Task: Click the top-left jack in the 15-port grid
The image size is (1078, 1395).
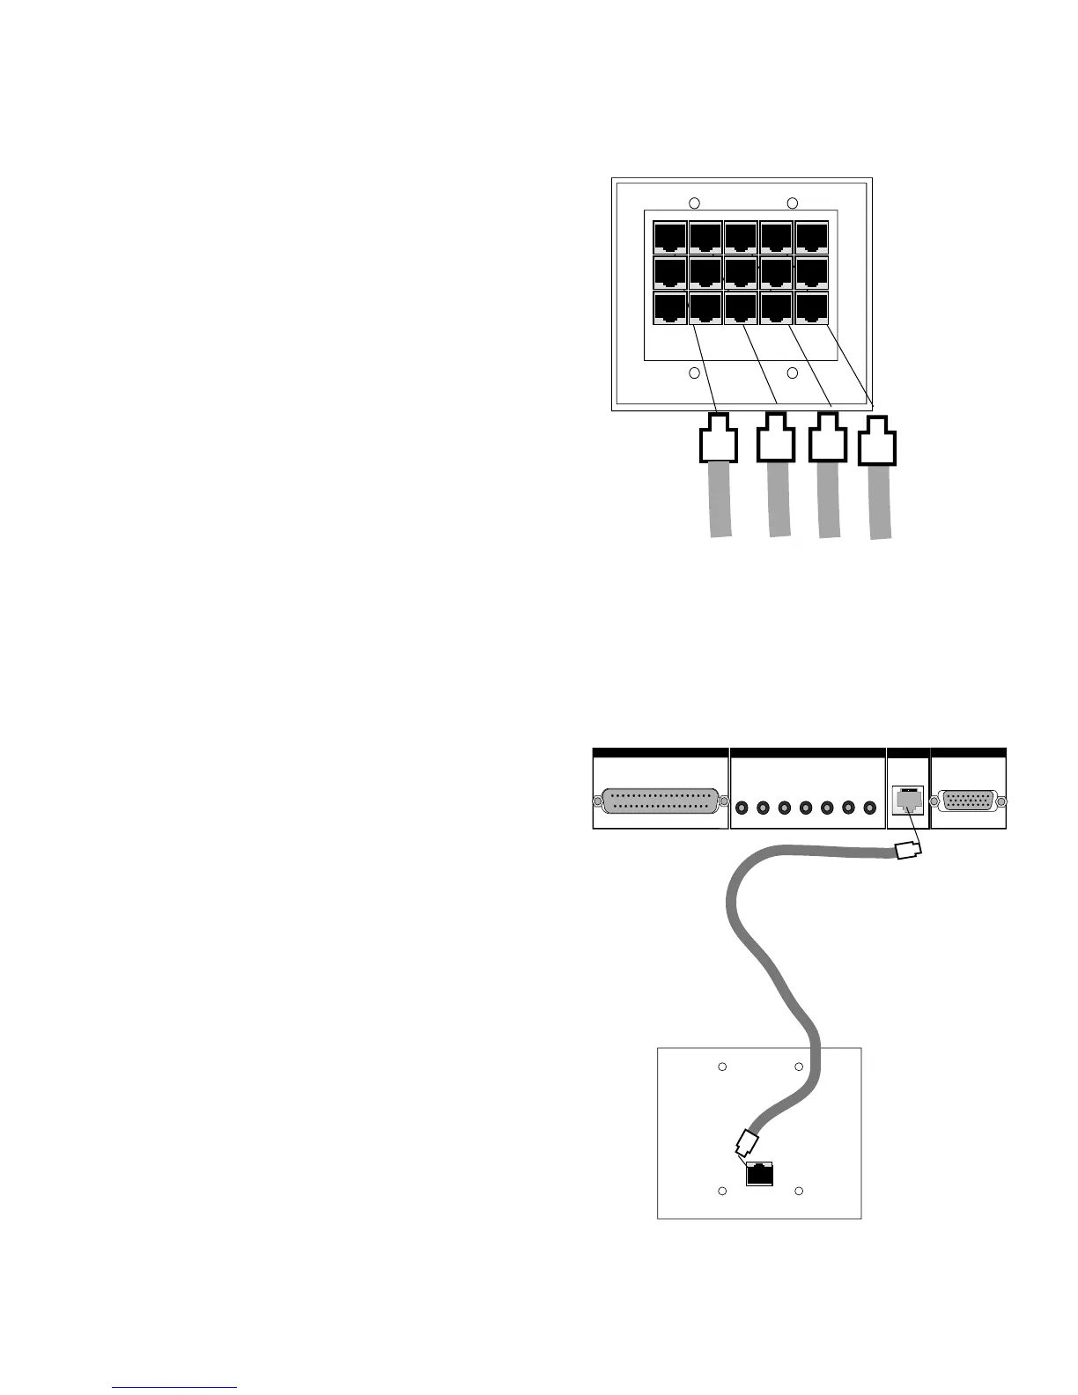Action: (670, 237)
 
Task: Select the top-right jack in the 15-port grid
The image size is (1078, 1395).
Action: (812, 237)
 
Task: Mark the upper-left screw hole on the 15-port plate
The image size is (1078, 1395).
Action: (694, 203)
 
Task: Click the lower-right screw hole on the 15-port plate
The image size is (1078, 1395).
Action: (792, 373)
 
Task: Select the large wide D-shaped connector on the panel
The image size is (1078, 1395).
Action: (661, 802)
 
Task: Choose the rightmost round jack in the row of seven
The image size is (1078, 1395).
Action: (869, 808)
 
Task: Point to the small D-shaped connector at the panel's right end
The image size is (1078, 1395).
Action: (969, 801)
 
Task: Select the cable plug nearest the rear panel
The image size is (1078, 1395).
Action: (907, 851)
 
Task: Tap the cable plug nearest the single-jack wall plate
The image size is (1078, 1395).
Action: (745, 1144)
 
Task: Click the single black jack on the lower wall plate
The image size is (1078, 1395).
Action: (759, 1174)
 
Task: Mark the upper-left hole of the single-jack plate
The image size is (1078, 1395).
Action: (722, 1067)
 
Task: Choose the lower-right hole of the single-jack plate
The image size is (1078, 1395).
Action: (799, 1192)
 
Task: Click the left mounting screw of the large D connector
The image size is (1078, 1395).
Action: (598, 802)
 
